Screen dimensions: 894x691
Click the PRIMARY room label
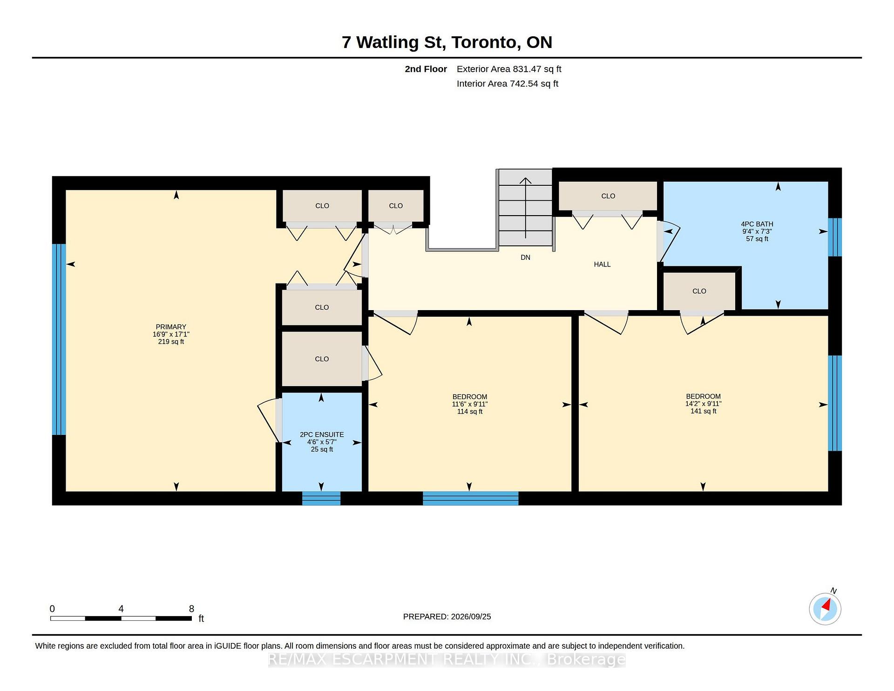(x=171, y=327)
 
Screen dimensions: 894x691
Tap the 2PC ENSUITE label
(x=322, y=434)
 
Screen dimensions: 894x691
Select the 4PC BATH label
(x=757, y=224)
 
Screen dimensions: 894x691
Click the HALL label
(x=602, y=264)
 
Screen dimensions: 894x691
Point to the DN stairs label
(x=525, y=257)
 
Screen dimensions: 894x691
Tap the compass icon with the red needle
(x=825, y=609)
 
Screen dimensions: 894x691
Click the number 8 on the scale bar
(x=191, y=609)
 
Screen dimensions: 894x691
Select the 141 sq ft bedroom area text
(x=703, y=411)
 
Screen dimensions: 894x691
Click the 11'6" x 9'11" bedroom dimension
(x=469, y=404)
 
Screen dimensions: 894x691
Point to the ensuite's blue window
(x=321, y=498)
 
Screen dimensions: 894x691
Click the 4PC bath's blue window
(x=835, y=237)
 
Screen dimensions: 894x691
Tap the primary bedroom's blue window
(x=59, y=339)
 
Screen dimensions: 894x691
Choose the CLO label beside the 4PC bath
(x=699, y=291)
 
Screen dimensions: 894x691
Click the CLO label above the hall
(x=608, y=196)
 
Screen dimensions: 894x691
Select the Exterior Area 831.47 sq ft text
(x=509, y=69)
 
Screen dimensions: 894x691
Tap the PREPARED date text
(x=447, y=616)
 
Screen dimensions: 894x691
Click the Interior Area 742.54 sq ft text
(x=508, y=84)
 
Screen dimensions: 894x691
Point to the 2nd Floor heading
(x=426, y=69)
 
